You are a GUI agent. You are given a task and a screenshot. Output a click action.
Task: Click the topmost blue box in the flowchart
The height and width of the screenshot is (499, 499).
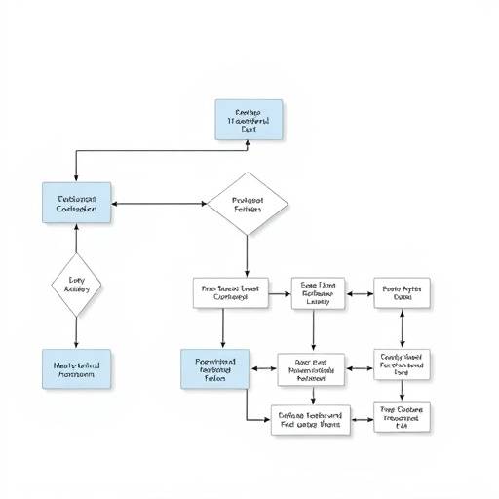point(249,119)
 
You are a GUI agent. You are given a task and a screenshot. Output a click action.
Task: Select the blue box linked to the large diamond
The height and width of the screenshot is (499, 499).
point(77,203)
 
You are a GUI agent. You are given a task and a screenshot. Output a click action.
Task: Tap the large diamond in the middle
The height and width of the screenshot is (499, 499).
point(248,204)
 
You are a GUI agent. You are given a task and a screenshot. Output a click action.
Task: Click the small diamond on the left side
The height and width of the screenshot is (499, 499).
point(76,285)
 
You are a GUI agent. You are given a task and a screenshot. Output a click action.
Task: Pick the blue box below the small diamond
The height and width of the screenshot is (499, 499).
point(77,369)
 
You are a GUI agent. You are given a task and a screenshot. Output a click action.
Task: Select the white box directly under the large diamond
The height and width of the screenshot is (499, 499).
point(230,292)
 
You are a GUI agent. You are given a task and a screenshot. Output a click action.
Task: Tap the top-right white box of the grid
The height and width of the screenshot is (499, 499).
point(403,292)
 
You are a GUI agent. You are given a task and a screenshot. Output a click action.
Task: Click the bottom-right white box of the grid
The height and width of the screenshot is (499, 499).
point(403,417)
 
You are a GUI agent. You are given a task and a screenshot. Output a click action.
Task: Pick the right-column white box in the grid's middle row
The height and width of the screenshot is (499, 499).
point(403,365)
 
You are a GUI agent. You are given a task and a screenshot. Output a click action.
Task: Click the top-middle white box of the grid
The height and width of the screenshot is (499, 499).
point(317,292)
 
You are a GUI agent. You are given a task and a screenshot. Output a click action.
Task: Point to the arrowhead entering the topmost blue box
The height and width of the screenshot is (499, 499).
point(248,143)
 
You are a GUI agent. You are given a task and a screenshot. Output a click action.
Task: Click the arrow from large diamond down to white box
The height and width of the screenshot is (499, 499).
point(248,255)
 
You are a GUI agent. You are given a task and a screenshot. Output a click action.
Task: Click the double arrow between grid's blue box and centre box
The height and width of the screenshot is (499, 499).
point(264,369)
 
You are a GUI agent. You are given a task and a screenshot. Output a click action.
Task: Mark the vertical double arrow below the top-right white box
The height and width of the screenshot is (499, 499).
point(403,328)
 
